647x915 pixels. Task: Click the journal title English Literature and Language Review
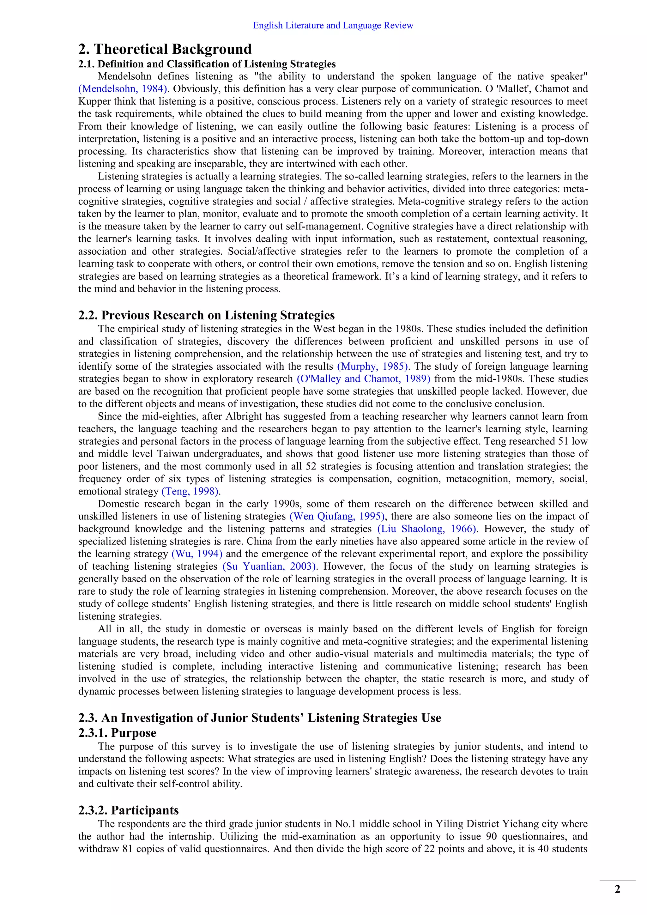pos(333,26)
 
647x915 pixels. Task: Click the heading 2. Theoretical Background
pos(165,49)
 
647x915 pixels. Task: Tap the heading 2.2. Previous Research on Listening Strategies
pos(206,315)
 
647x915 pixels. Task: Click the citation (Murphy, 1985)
pos(373,366)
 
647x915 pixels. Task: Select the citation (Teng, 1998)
pos(190,491)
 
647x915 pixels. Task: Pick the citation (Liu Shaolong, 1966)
pos(427,529)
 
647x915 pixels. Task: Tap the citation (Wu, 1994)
pos(197,554)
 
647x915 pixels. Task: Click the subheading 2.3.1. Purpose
pos(117,733)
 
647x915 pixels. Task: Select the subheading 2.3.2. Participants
pos(128,810)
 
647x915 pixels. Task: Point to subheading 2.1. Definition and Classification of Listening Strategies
pos(207,64)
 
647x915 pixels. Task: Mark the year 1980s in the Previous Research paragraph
pos(409,329)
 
